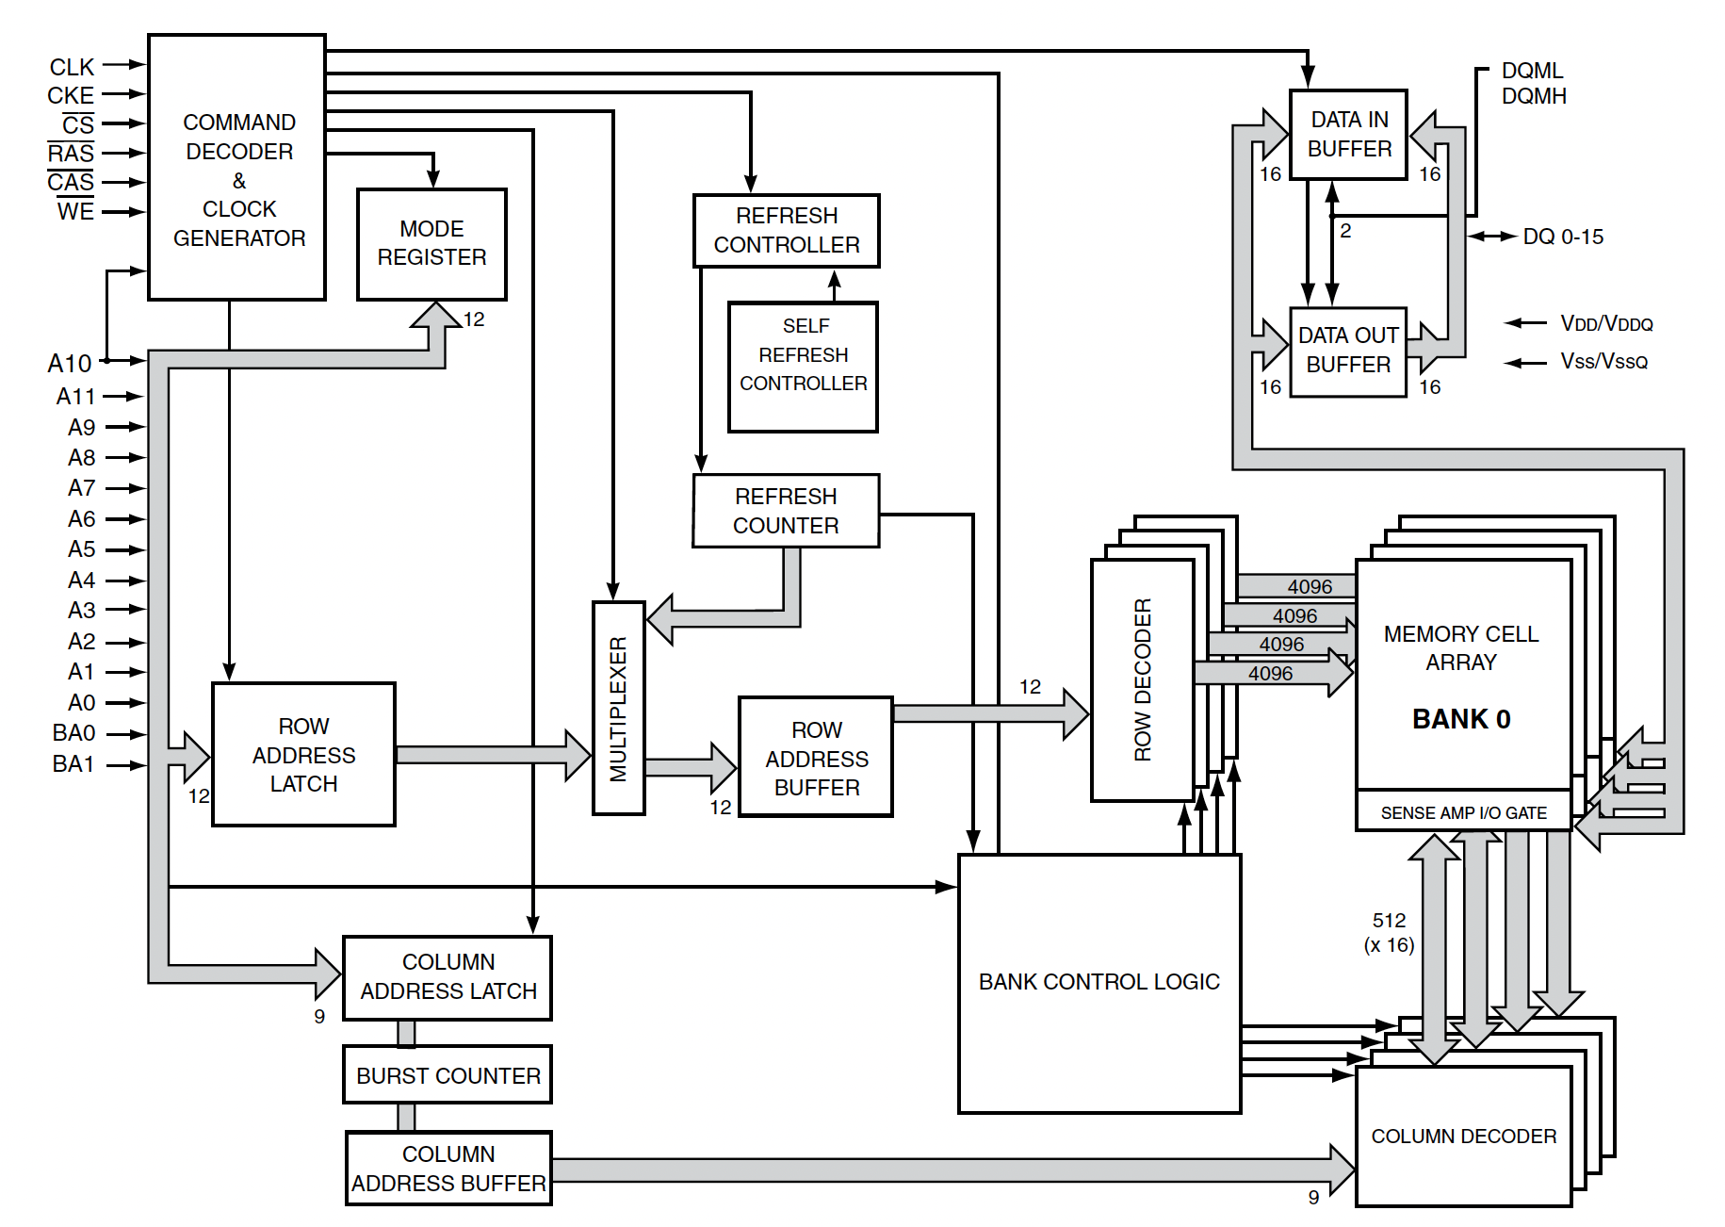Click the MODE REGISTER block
(x=431, y=244)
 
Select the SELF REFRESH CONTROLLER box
(x=803, y=367)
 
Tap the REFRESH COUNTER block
(x=786, y=511)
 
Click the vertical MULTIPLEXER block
(x=618, y=708)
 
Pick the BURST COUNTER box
(x=448, y=1075)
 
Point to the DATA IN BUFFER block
(x=1348, y=134)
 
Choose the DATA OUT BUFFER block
(x=1347, y=351)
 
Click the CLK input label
(x=72, y=67)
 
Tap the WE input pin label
(x=75, y=212)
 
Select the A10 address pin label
(x=70, y=363)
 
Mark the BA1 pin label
(x=73, y=764)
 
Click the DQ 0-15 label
(x=1562, y=237)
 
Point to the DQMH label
(x=1533, y=96)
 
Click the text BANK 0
(x=1460, y=719)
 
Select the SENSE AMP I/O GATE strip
(x=1463, y=812)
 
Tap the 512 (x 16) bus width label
(x=1389, y=932)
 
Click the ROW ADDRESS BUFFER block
(x=816, y=758)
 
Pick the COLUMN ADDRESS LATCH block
(x=448, y=977)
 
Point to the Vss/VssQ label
(x=1603, y=362)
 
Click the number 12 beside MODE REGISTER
(x=474, y=319)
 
